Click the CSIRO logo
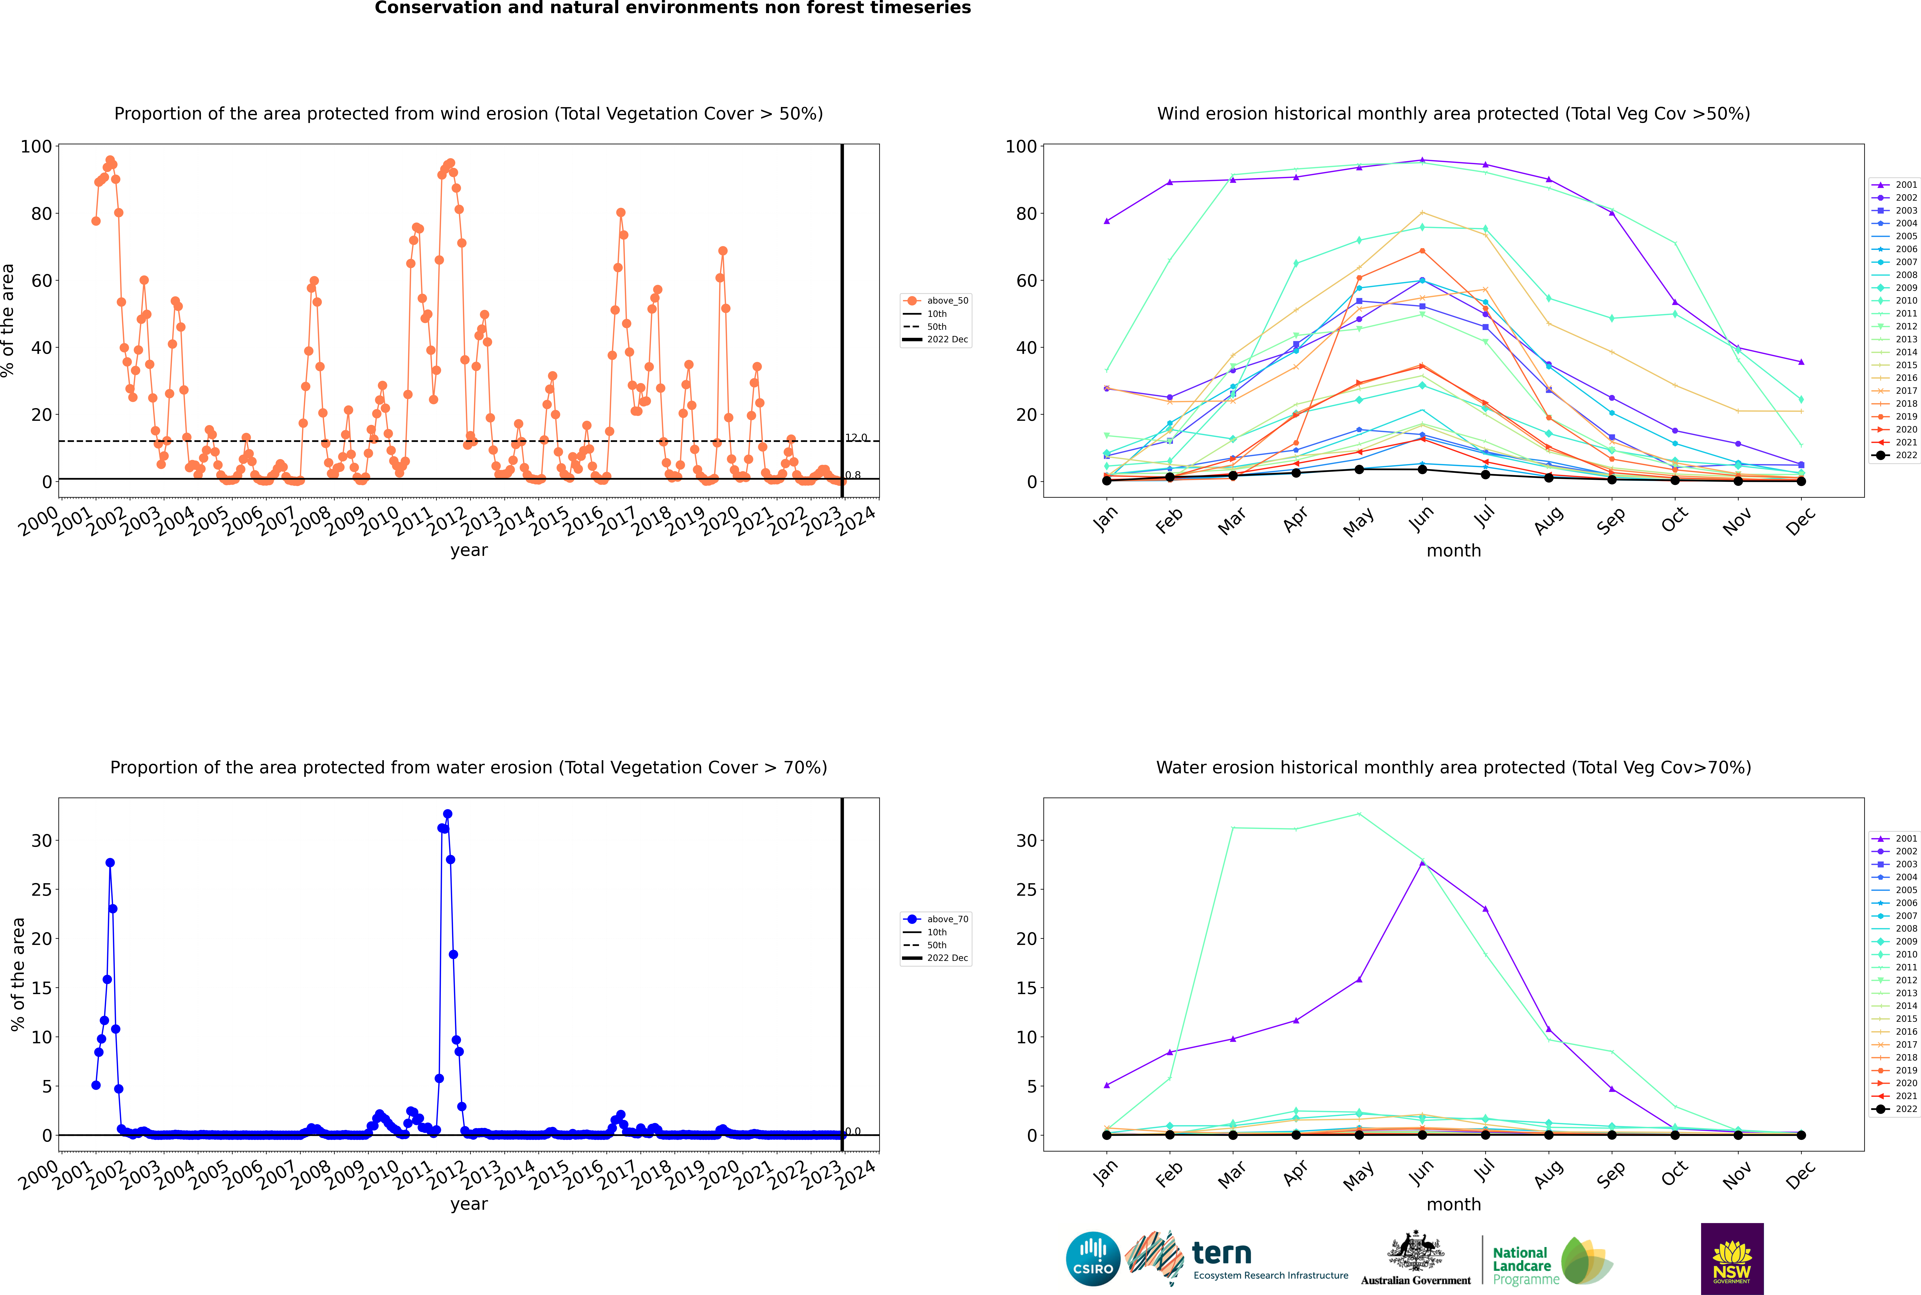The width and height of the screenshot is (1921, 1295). (x=1093, y=1259)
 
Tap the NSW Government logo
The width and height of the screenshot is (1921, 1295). (x=1732, y=1259)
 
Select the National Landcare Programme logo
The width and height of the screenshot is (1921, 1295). (x=1553, y=1260)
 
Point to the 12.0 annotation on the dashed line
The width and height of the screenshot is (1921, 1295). (x=856, y=438)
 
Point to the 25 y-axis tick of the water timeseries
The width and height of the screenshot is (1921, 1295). (x=41, y=890)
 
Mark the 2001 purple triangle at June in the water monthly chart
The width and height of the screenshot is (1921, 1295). (x=1422, y=862)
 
